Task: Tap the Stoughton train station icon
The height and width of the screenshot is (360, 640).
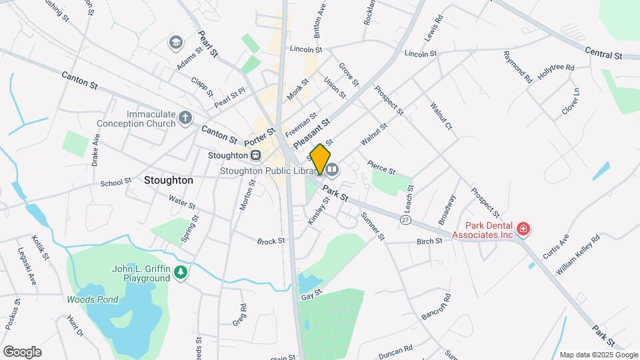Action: click(x=255, y=155)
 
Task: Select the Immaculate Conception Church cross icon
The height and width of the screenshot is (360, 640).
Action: click(x=186, y=118)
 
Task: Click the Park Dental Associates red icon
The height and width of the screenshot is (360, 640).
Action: click(x=523, y=230)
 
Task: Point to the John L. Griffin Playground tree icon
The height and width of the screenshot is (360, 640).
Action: click(x=181, y=272)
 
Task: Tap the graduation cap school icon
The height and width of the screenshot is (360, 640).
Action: click(x=175, y=43)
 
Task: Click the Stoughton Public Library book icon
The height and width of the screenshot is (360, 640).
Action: click(x=332, y=170)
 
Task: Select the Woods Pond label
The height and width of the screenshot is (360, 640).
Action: click(x=92, y=299)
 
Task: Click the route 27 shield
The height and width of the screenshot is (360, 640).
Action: click(x=405, y=219)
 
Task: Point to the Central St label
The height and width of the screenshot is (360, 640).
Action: click(x=603, y=52)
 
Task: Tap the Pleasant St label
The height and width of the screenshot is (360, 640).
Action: click(x=311, y=133)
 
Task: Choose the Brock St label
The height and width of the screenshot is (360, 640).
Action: click(x=271, y=241)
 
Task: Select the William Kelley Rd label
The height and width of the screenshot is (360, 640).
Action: click(x=578, y=254)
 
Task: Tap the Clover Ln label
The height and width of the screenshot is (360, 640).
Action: click(x=570, y=101)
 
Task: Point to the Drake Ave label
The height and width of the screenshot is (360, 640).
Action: click(x=96, y=150)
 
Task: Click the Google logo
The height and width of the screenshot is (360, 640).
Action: click(x=22, y=351)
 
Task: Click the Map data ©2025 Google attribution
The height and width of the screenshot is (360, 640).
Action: click(x=598, y=355)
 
